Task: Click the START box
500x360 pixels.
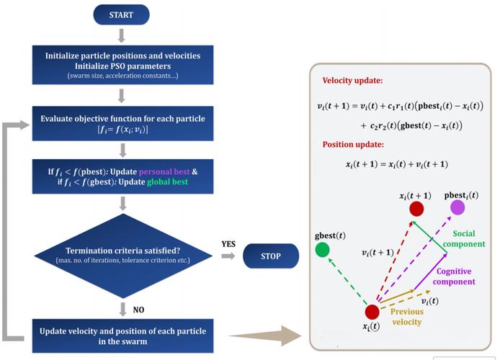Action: pyautogui.click(x=121, y=14)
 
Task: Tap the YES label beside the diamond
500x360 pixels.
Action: pyautogui.click(x=228, y=244)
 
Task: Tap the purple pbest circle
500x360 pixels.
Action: pyautogui.click(x=457, y=208)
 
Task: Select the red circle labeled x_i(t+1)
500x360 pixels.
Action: pyautogui.click(x=416, y=209)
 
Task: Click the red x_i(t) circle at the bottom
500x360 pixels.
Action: pyautogui.click(x=372, y=312)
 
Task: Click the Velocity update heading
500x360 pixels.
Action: pyautogui.click(x=353, y=81)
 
